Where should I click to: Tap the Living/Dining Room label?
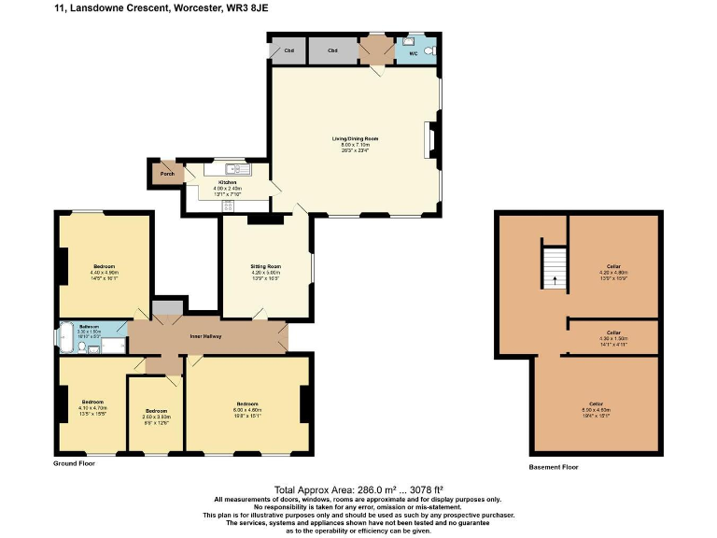(x=356, y=138)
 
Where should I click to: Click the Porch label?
(x=167, y=174)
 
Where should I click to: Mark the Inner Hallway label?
(x=205, y=336)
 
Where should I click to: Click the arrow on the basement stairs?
(x=555, y=277)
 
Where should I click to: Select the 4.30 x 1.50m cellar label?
(x=613, y=332)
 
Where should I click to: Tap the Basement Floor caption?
(x=554, y=467)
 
